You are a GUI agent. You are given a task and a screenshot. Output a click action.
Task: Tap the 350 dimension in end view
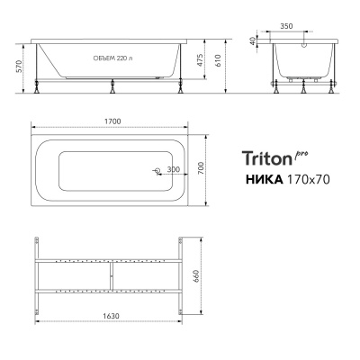click(310, 28)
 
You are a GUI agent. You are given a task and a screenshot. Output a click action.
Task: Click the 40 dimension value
click(255, 40)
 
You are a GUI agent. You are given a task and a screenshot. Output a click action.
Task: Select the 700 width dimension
click(215, 167)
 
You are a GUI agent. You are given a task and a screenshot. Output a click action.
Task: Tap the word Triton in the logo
click(266, 158)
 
